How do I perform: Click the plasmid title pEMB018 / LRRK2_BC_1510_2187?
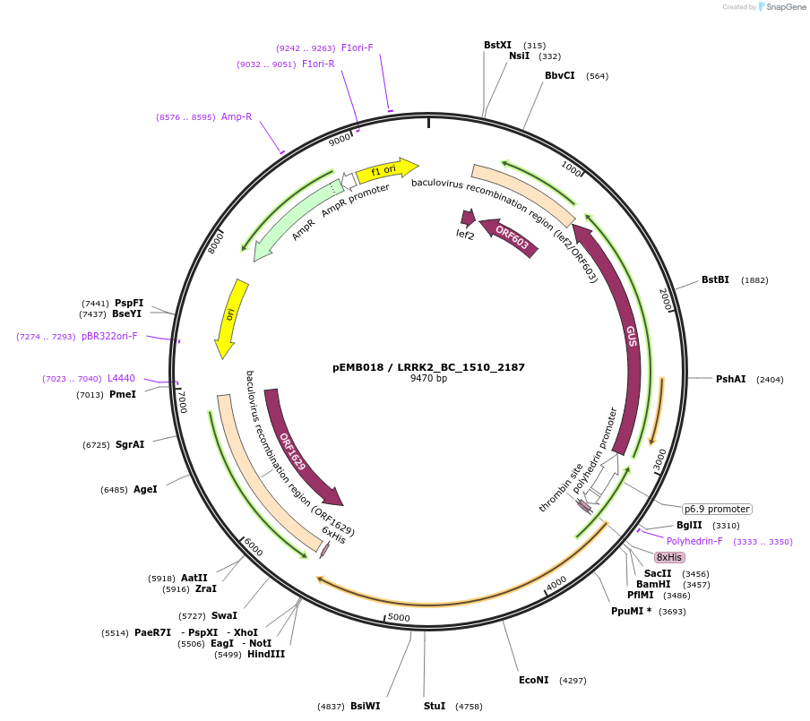click(428, 367)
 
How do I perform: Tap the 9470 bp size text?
click(428, 379)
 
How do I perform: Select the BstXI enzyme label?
click(497, 45)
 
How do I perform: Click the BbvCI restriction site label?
click(560, 75)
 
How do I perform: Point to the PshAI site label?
click(730, 379)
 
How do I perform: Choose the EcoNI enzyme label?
click(533, 680)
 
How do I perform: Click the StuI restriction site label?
click(435, 706)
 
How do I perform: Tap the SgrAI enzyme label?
click(129, 444)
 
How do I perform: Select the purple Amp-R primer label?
click(237, 116)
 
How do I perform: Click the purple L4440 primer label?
click(121, 378)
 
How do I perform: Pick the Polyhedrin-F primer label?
click(694, 541)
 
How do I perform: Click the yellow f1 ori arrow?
click(386, 169)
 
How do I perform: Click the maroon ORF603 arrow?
click(510, 238)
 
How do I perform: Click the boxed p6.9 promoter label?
click(717, 509)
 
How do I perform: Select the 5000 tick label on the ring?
click(398, 618)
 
